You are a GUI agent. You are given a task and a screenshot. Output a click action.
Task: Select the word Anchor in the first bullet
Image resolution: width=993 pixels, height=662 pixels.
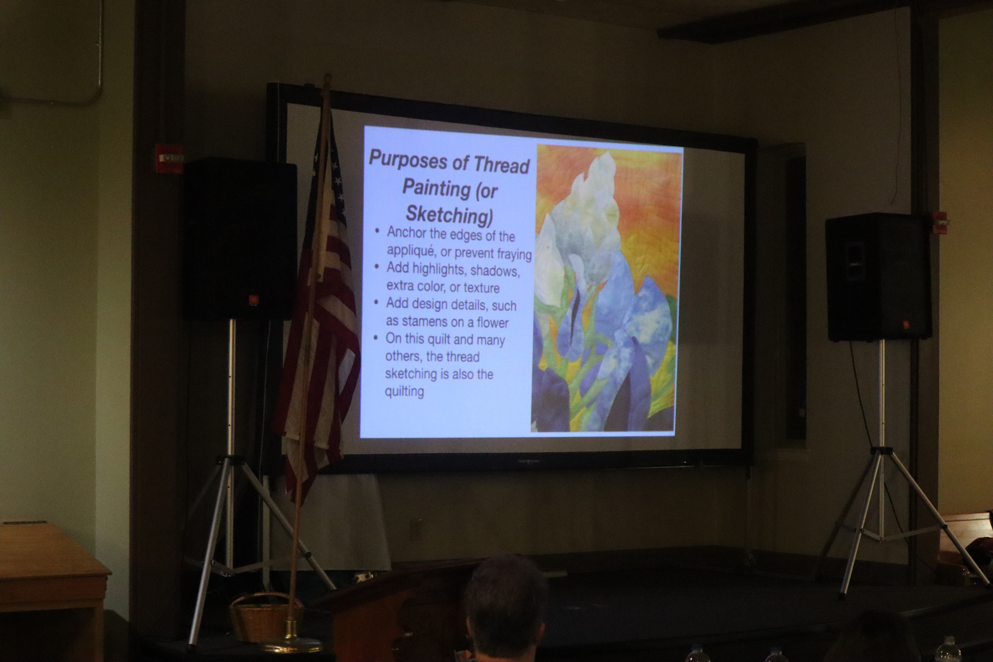[407, 233]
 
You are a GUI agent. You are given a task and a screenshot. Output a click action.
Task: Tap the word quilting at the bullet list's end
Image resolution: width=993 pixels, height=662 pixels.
[404, 391]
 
